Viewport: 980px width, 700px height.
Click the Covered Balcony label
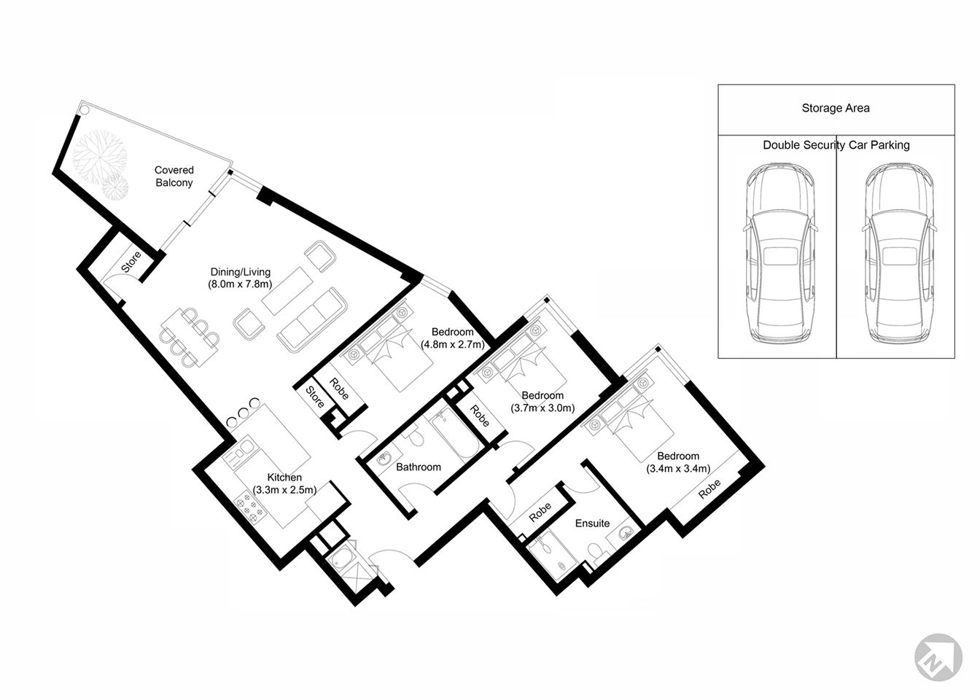[x=174, y=176]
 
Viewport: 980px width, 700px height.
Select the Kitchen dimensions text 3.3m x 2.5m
[x=284, y=490]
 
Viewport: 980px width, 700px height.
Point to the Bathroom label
[x=418, y=467]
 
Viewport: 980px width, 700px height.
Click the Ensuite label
[x=592, y=523]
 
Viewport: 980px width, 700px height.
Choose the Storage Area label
[x=836, y=108]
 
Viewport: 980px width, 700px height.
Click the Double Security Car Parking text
[x=836, y=145]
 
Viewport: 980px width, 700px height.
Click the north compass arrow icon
[x=938, y=657]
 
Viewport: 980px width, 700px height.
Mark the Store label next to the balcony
[x=131, y=262]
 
